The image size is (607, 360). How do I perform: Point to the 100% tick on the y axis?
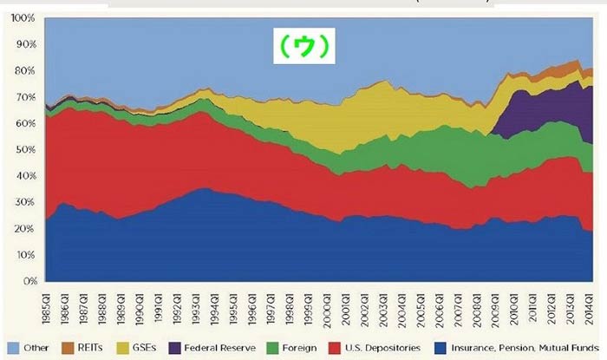[23, 17]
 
